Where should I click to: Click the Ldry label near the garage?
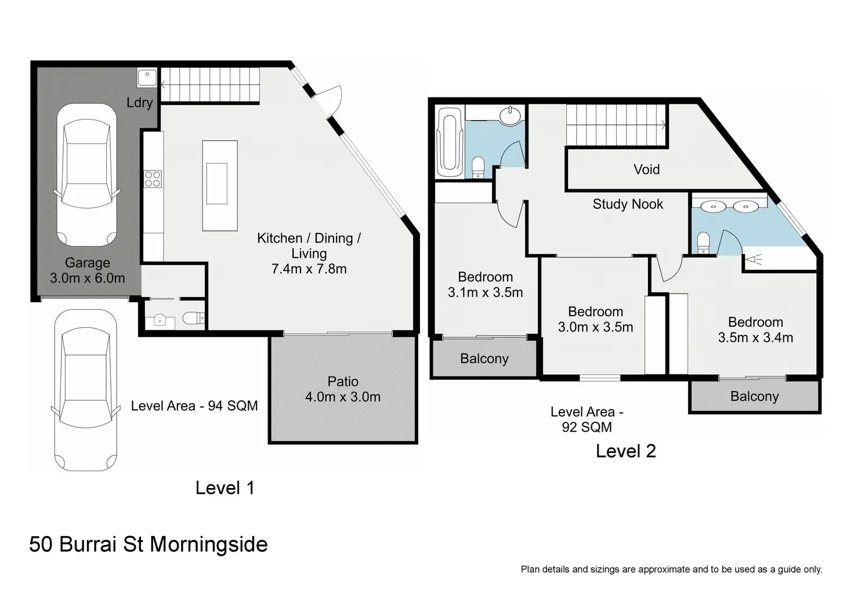[140, 103]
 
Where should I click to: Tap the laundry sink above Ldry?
[147, 78]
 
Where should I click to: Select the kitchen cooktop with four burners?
[153, 179]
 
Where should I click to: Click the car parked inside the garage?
[87, 175]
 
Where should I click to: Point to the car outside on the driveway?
[86, 390]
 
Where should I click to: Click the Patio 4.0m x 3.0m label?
[343, 389]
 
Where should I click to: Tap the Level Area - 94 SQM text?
[194, 406]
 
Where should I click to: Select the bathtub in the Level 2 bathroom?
[450, 142]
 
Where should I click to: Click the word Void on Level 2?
[647, 169]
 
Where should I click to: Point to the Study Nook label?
[628, 204]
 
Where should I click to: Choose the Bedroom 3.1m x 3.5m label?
[486, 284]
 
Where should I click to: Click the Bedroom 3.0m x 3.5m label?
[595, 319]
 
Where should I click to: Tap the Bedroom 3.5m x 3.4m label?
[755, 330]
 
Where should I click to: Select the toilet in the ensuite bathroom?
[703, 243]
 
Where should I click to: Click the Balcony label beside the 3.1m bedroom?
[484, 359]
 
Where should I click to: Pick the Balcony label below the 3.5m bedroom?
[754, 396]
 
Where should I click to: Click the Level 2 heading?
[626, 451]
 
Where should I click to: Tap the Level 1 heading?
[225, 488]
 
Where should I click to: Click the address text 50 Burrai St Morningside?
[149, 544]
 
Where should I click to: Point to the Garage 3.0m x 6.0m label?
[87, 270]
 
